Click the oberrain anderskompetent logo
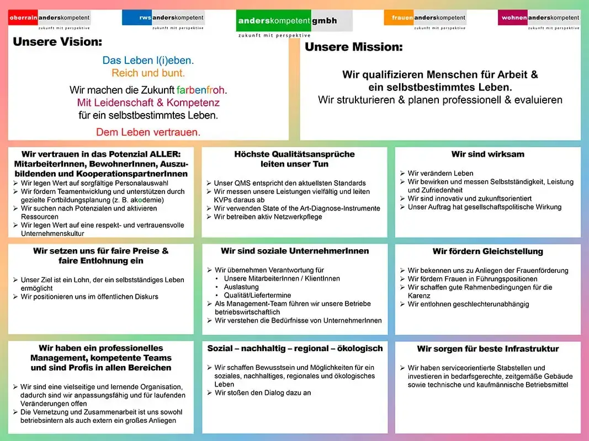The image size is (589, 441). pyautogui.click(x=49, y=19)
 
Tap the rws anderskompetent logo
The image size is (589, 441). pyautogui.click(x=163, y=18)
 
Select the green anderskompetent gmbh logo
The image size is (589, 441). pyautogui.click(x=293, y=21)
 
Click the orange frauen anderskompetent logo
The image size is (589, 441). pyautogui.click(x=425, y=18)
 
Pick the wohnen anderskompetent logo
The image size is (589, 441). pyautogui.click(x=539, y=18)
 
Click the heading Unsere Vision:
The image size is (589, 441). pyautogui.click(x=57, y=42)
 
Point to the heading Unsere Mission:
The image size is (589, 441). pyautogui.click(x=354, y=47)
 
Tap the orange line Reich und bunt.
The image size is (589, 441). pyautogui.click(x=148, y=73)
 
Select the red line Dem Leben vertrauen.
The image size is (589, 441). pyautogui.click(x=148, y=132)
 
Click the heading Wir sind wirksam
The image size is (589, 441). pyautogui.click(x=487, y=154)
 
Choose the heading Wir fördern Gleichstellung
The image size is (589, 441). pyautogui.click(x=487, y=251)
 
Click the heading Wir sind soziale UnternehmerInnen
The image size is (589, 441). pyautogui.click(x=295, y=251)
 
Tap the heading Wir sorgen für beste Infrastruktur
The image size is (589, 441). pyautogui.click(x=487, y=349)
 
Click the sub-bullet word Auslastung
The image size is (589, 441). pyautogui.click(x=241, y=287)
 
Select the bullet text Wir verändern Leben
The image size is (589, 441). pyautogui.click(x=440, y=173)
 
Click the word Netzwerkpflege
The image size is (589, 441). pyautogui.click(x=296, y=217)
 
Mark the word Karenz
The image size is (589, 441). pyautogui.click(x=419, y=295)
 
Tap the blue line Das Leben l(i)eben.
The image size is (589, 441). pyautogui.click(x=148, y=61)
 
